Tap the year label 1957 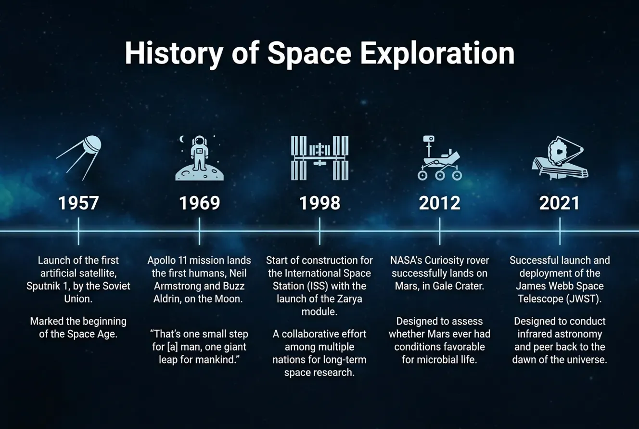click(x=78, y=203)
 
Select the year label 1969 click(x=199, y=203)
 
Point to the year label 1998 click(x=319, y=203)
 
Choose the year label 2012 click(x=439, y=203)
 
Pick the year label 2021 click(x=560, y=203)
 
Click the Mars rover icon click(x=439, y=158)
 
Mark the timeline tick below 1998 click(x=319, y=231)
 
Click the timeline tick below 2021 click(x=560, y=231)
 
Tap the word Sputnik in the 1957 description click(x=45, y=286)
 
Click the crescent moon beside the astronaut click(x=182, y=139)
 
